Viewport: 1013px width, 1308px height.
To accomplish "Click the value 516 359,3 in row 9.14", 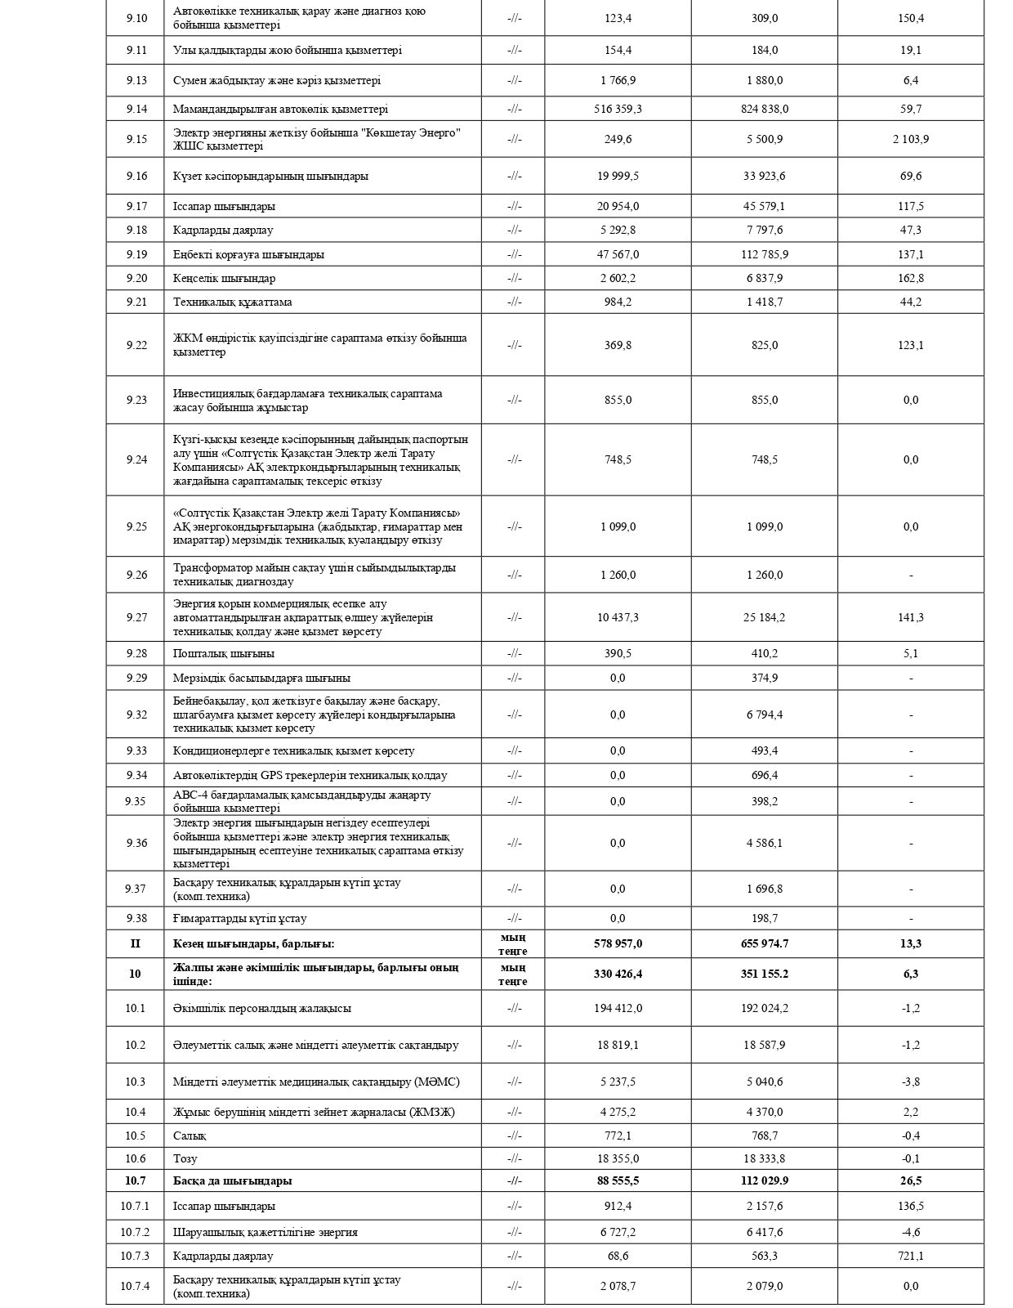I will click(x=618, y=109).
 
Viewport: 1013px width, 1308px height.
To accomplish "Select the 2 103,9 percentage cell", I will click(x=910, y=139).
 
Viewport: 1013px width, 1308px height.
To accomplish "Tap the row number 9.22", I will click(x=136, y=345).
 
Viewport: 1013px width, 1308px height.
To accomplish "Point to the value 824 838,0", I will click(x=764, y=109).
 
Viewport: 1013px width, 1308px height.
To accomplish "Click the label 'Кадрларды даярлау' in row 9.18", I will click(x=223, y=230).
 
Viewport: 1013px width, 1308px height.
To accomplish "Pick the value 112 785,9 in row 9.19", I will click(x=764, y=254).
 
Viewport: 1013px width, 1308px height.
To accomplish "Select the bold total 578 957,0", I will click(x=618, y=943).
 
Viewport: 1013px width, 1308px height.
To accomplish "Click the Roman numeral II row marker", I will click(x=136, y=943).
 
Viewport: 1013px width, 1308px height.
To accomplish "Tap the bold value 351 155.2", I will click(x=764, y=974).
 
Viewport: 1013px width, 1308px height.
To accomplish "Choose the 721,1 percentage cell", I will click(x=910, y=1256).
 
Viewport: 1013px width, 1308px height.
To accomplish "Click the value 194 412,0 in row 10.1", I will click(x=618, y=1008).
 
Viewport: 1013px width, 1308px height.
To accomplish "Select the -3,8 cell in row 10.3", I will click(x=910, y=1082).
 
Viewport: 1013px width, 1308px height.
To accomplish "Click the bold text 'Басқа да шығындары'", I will click(x=232, y=1180).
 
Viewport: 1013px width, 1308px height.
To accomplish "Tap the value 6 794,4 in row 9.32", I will click(x=764, y=714).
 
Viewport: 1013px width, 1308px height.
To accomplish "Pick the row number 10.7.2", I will click(x=136, y=1232).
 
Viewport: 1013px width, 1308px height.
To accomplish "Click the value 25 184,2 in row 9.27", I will click(x=764, y=617).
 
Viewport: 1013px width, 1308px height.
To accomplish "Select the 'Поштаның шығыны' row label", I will click(x=223, y=653).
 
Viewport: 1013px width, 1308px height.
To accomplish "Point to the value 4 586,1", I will click(x=764, y=843).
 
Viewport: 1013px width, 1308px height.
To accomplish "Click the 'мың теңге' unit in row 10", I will click(x=513, y=974).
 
